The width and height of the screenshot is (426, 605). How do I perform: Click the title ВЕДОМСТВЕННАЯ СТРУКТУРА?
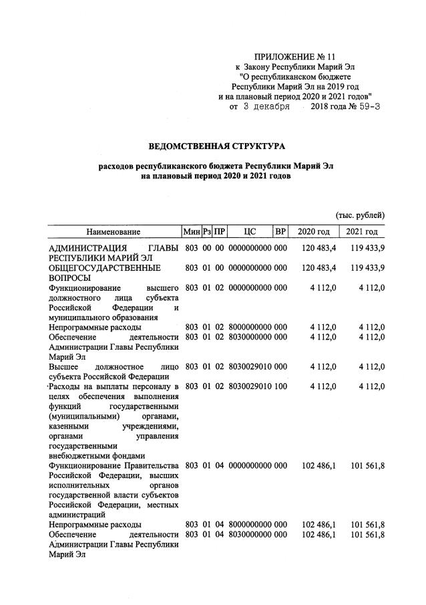click(216, 144)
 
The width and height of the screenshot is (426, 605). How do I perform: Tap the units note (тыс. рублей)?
click(359, 215)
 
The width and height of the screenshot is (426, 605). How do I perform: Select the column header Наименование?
click(112, 232)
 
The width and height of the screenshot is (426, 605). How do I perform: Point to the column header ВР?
click(280, 232)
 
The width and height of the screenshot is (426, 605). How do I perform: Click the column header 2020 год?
click(314, 232)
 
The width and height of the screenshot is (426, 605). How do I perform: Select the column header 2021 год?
click(362, 232)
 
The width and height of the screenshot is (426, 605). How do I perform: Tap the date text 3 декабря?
click(266, 106)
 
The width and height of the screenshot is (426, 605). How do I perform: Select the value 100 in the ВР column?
click(280, 387)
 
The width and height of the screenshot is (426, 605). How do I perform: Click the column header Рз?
click(207, 232)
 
